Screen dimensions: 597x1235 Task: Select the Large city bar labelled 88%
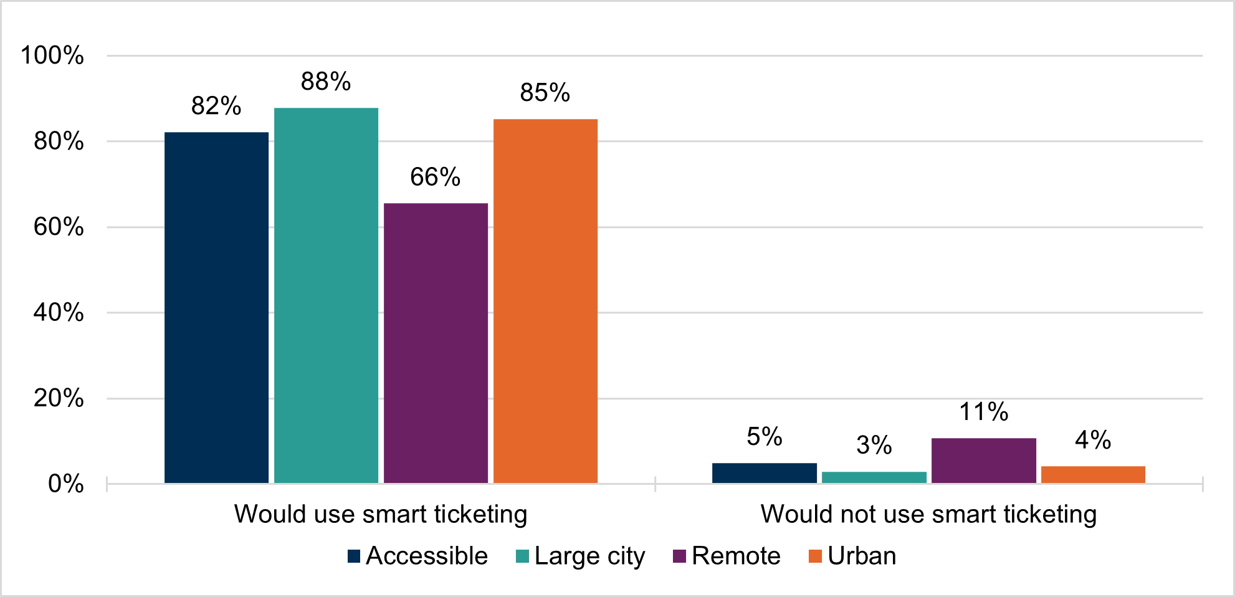pyautogui.click(x=326, y=295)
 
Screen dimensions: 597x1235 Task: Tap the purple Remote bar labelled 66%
pyautogui.click(x=436, y=343)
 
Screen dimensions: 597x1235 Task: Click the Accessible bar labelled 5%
pyautogui.click(x=764, y=473)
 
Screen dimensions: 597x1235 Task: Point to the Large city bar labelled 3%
pyautogui.click(x=874, y=477)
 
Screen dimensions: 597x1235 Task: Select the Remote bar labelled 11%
pyautogui.click(x=983, y=461)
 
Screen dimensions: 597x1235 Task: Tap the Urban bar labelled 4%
pyautogui.click(x=1093, y=474)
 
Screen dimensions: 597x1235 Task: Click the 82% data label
pyautogui.click(x=216, y=106)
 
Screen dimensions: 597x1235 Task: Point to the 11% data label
pyautogui.click(x=983, y=412)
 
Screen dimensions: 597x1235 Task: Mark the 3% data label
pyautogui.click(x=874, y=445)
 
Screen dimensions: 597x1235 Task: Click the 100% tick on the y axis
pyautogui.click(x=52, y=55)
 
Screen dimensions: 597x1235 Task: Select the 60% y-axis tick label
pyautogui.click(x=59, y=227)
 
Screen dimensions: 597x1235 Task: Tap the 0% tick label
pyautogui.click(x=65, y=484)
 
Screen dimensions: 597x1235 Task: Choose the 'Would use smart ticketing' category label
pyautogui.click(x=381, y=514)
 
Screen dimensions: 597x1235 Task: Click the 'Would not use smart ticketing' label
pyautogui.click(x=928, y=514)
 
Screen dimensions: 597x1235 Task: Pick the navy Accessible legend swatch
pyautogui.click(x=354, y=556)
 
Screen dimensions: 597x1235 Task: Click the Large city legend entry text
pyautogui.click(x=589, y=556)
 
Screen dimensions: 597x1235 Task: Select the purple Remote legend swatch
pyautogui.click(x=679, y=556)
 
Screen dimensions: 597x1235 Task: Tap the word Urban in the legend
pyautogui.click(x=862, y=556)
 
